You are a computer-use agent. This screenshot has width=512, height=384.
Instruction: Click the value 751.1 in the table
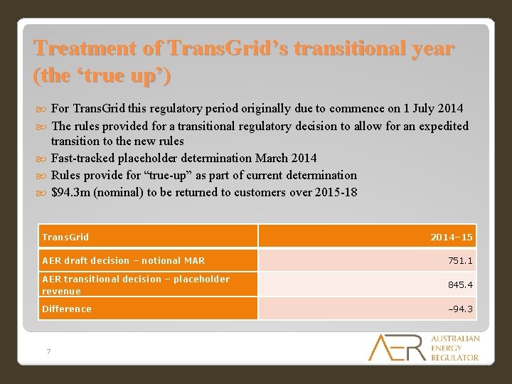pos(459,261)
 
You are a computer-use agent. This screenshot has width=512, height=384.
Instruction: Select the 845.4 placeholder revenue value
pos(459,284)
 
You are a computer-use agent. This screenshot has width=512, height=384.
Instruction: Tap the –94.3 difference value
pos(459,309)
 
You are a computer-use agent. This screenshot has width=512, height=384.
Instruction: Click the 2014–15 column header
pos(451,237)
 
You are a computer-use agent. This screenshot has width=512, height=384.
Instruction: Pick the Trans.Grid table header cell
pos(65,237)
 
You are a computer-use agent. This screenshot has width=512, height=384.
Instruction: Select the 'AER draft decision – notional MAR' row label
pos(123,261)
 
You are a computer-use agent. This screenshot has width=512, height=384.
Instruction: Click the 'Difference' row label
pos(67,309)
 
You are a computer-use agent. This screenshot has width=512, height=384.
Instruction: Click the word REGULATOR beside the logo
pos(455,357)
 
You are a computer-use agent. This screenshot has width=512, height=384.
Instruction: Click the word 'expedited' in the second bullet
pos(444,126)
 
